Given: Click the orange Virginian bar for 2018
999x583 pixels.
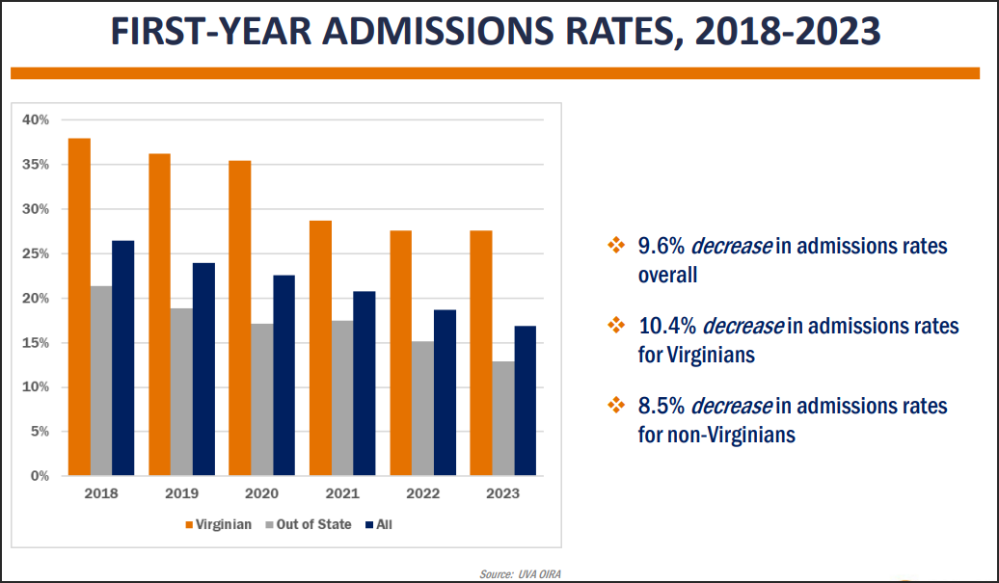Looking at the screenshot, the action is tap(80, 306).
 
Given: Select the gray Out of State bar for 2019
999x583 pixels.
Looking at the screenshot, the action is tap(181, 392).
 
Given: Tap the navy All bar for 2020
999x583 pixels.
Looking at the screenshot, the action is tap(284, 376).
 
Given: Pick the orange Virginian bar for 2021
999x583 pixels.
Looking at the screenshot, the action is tap(320, 348).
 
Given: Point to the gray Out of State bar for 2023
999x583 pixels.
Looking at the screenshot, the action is tap(503, 419).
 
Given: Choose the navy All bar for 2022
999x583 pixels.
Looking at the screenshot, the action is tap(445, 393).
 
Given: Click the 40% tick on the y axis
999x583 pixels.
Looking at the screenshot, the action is tap(36, 119).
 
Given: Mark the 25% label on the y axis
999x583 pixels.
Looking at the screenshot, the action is tap(36, 253).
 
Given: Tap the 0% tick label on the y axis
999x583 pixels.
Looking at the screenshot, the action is tap(40, 476).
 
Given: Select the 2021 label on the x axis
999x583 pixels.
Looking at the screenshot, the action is tap(342, 493).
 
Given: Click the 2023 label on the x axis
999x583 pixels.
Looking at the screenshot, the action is tap(503, 493).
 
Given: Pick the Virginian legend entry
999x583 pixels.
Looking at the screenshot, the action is tap(219, 524).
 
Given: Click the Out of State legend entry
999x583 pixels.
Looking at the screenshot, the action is tap(309, 524).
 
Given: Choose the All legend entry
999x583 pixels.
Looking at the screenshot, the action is tap(379, 524).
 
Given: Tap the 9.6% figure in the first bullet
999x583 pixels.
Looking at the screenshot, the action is tap(661, 247).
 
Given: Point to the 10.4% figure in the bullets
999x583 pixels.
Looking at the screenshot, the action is tap(667, 326).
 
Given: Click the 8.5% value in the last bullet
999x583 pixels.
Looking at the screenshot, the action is tap(661, 406).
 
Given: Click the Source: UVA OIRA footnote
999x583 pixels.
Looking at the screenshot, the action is tap(521, 574).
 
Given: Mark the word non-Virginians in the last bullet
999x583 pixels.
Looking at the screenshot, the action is tap(731, 435).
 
